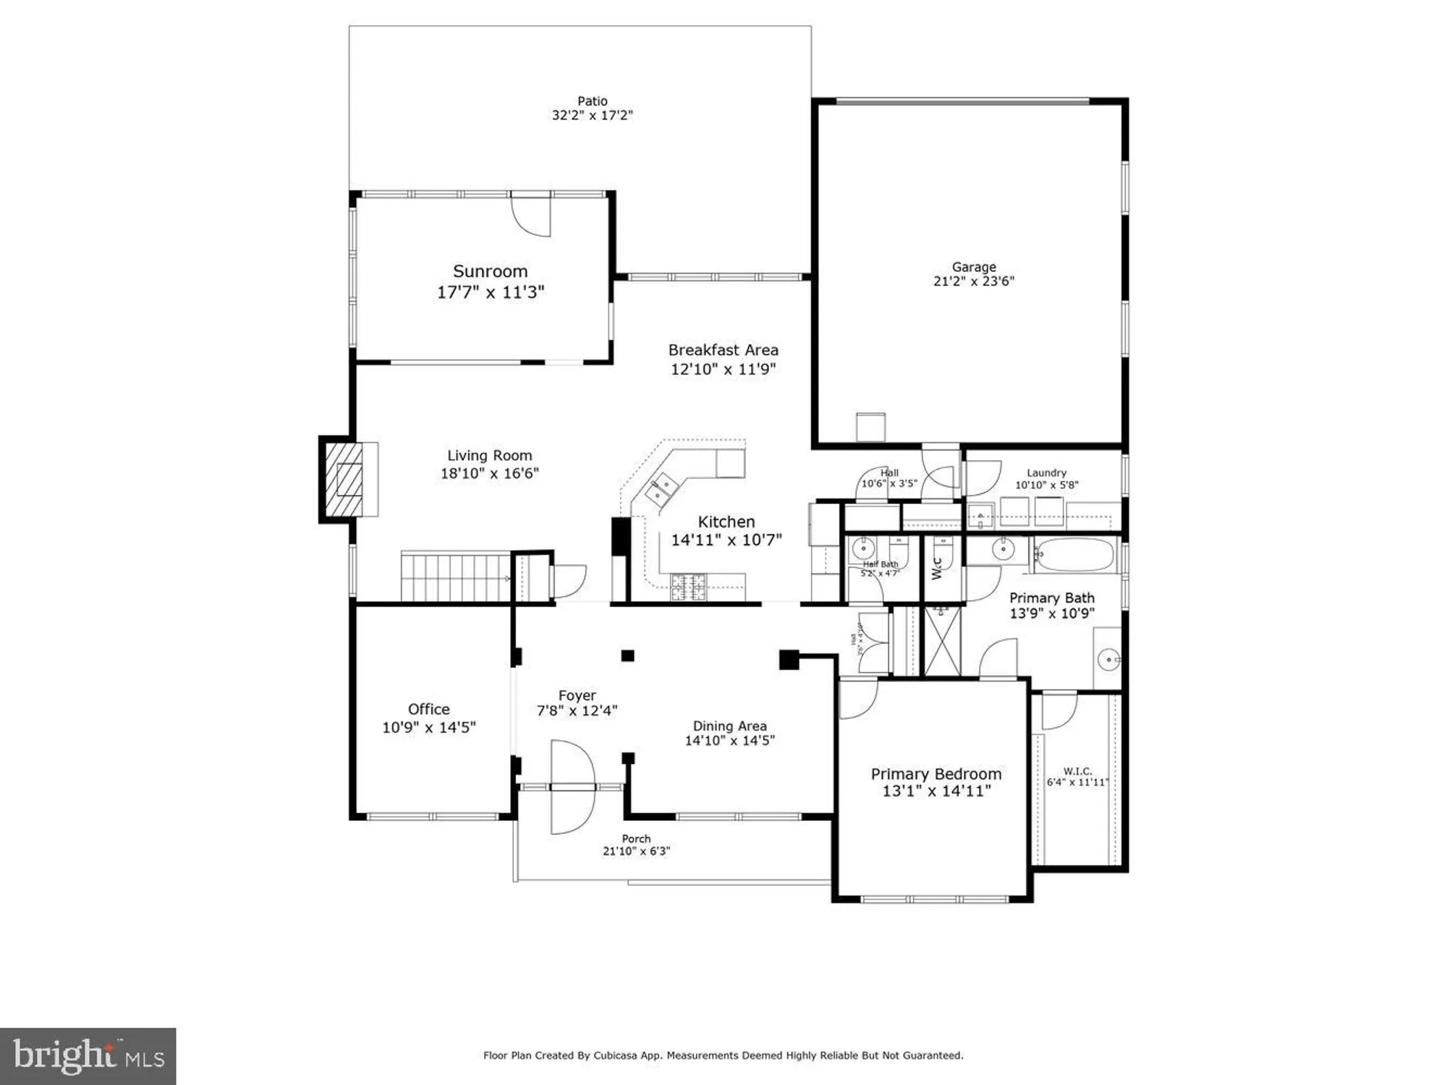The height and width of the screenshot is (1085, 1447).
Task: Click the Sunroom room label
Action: tap(490, 271)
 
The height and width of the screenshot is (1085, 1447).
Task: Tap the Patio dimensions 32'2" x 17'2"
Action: tap(592, 115)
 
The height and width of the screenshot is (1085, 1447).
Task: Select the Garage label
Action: tap(974, 267)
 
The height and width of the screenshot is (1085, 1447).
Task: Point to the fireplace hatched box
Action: tap(343, 479)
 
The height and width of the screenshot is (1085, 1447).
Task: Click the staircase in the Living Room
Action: tap(456, 576)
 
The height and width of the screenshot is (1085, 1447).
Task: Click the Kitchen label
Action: tap(726, 522)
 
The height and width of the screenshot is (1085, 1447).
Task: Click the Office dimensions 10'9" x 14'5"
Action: tap(428, 728)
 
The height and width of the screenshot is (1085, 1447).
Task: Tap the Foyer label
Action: tap(577, 695)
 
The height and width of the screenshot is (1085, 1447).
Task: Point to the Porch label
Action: tap(636, 838)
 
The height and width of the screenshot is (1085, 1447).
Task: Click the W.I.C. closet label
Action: tap(1077, 771)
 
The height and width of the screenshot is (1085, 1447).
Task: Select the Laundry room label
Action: tap(1046, 472)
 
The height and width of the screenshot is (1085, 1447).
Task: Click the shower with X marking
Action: tap(943, 641)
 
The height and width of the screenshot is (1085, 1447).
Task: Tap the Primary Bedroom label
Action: tap(935, 773)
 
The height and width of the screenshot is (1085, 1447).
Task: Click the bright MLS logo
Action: tap(88, 1056)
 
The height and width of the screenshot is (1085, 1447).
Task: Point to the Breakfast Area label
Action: tap(723, 350)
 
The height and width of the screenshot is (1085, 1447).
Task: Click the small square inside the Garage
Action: tap(870, 427)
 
